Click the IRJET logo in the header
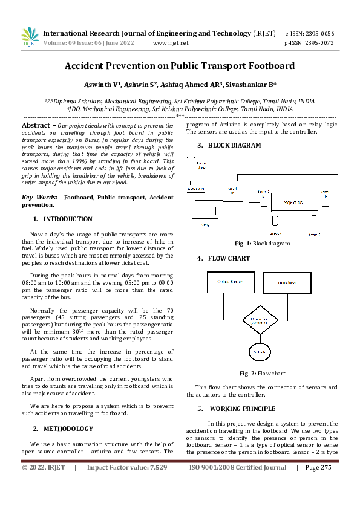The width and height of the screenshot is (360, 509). click(30, 37)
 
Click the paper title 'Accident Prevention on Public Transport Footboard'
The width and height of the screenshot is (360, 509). click(180, 65)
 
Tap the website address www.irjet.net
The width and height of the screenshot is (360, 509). click(171, 43)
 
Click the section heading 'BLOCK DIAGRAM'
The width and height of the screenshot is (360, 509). click(235, 146)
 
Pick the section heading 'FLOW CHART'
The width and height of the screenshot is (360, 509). click(229, 258)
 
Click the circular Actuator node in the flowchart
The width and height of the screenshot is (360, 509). click(260, 351)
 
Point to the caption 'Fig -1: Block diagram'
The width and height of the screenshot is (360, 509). click(262, 244)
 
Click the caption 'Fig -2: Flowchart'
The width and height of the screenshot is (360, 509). click(262, 374)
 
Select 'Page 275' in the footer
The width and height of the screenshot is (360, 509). click(318, 467)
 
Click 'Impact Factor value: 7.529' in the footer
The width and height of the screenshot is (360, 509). click(126, 467)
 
